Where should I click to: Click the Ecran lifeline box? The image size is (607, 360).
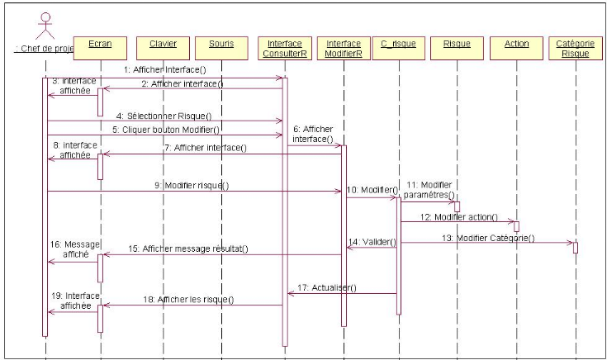(100, 43)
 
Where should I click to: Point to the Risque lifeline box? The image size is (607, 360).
(457, 43)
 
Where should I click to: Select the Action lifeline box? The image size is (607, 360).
(515, 43)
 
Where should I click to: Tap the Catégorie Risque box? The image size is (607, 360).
(575, 48)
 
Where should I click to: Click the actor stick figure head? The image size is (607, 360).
(46, 17)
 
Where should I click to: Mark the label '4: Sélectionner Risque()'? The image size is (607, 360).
(164, 116)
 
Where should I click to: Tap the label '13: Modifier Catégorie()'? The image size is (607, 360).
(487, 239)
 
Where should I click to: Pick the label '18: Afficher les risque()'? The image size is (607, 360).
(188, 300)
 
